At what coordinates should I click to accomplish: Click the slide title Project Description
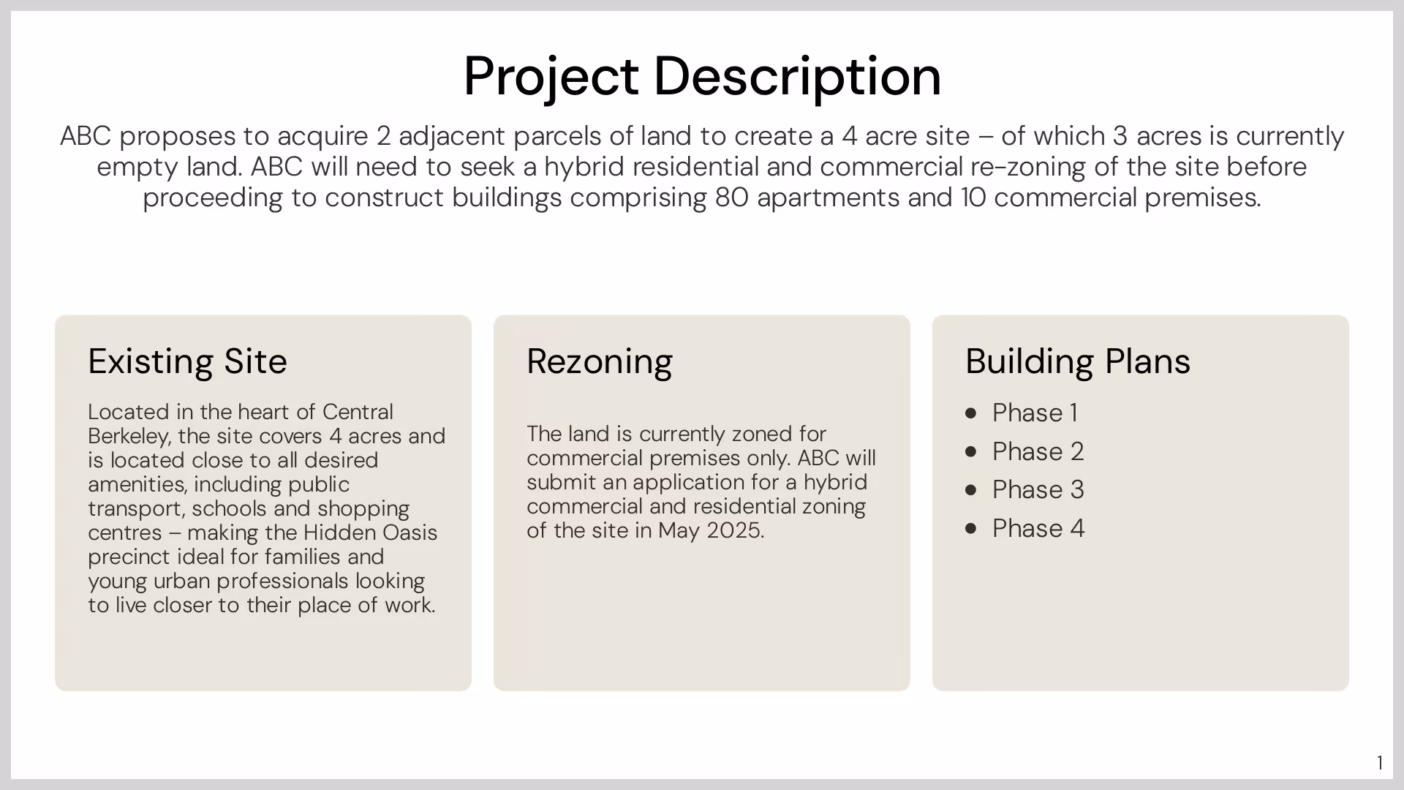(x=702, y=76)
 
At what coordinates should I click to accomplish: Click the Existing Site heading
(x=187, y=361)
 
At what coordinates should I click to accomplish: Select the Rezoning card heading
(x=599, y=361)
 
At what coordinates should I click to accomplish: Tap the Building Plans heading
(x=1077, y=361)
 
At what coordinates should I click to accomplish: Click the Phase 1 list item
(x=1034, y=413)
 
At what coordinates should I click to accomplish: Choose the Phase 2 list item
(x=1038, y=452)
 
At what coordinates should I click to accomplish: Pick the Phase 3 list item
(x=1038, y=490)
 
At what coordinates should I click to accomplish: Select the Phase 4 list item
(x=1038, y=529)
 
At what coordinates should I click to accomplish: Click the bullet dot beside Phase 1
(x=971, y=413)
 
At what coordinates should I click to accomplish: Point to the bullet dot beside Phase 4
(x=971, y=529)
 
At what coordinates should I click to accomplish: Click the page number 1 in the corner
(x=1379, y=764)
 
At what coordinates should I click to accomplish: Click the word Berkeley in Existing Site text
(x=129, y=437)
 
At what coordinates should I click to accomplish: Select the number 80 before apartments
(x=731, y=198)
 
